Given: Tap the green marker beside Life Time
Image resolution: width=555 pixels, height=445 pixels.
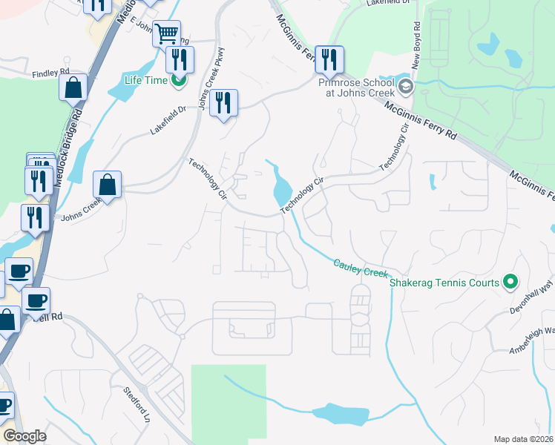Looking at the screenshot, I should [x=178, y=80].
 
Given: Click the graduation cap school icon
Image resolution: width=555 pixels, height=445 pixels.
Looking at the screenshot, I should [x=405, y=88].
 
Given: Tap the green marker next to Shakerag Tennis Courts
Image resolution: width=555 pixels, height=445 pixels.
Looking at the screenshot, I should [x=509, y=282].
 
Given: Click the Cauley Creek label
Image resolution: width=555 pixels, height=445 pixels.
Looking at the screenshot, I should [x=361, y=268].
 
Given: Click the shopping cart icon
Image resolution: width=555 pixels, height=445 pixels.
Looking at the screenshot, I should [x=167, y=33].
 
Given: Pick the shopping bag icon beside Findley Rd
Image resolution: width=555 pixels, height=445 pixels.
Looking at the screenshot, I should [x=73, y=87].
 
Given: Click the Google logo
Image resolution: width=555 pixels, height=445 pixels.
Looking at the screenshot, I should [x=25, y=436].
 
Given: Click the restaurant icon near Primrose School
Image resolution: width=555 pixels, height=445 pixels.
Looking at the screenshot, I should [x=329, y=58].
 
